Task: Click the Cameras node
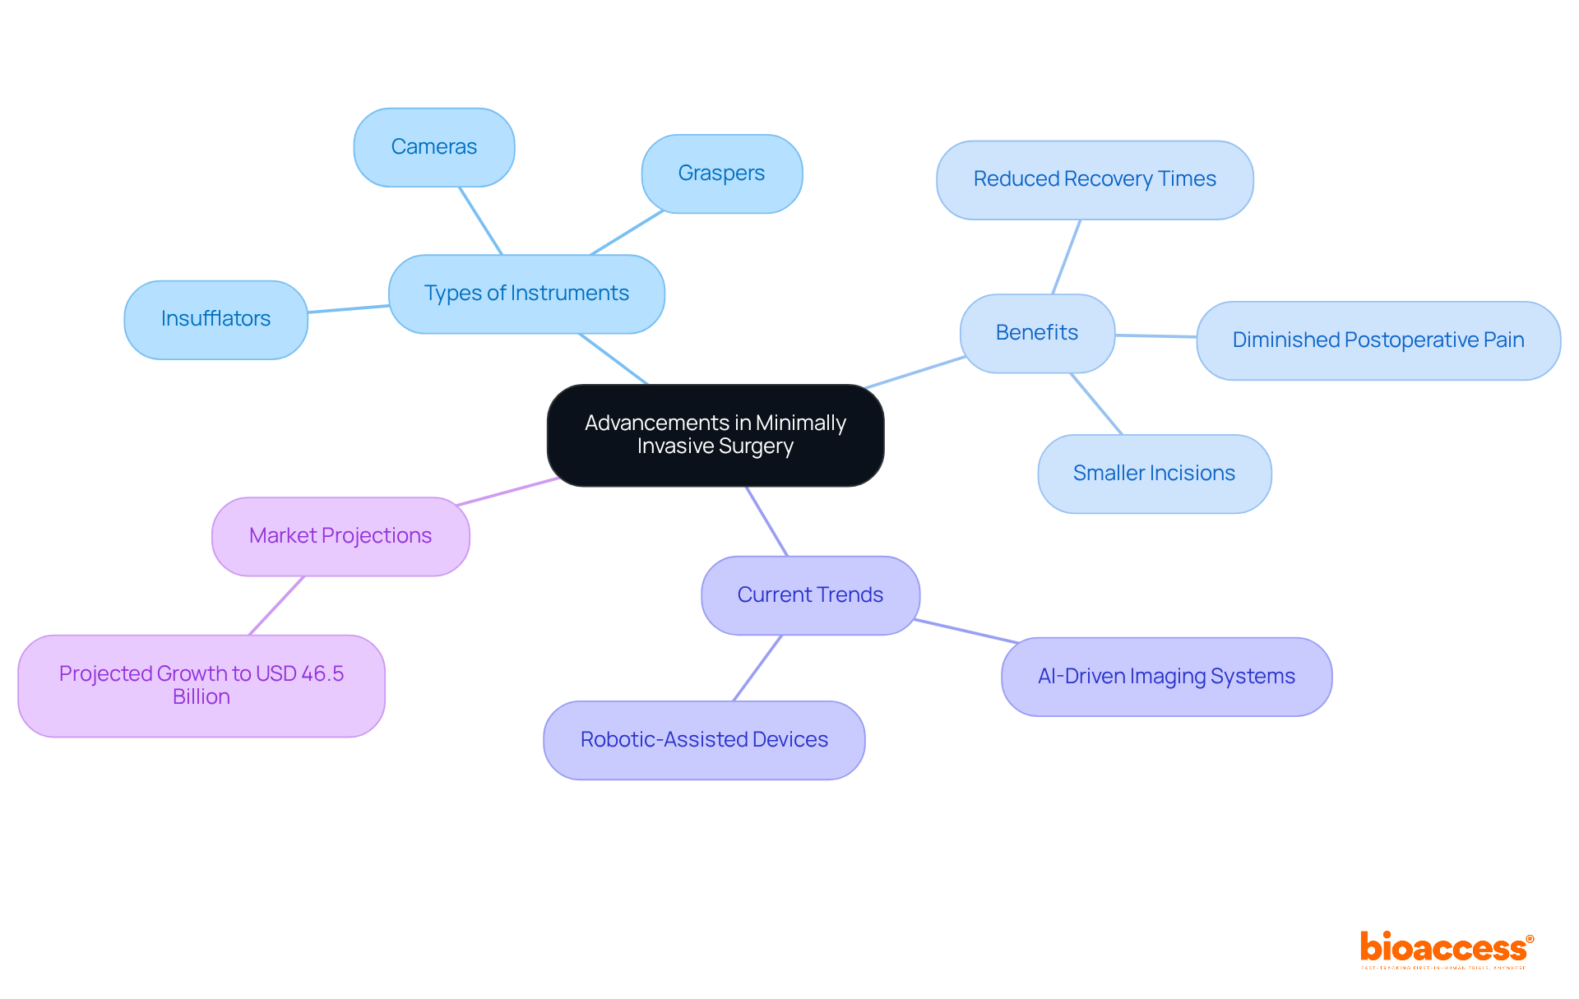[x=434, y=147]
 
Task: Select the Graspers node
[x=721, y=173]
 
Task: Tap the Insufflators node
[x=215, y=319]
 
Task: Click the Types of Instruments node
[x=526, y=294]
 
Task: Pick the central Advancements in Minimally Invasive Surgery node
[x=715, y=435]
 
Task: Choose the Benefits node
[x=1036, y=333]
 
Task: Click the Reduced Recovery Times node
[x=1094, y=179]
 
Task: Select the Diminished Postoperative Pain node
[x=1378, y=340]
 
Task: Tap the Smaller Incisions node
[x=1154, y=474]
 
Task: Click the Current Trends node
[x=810, y=595]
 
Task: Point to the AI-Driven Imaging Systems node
[x=1165, y=677]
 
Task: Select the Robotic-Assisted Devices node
[x=704, y=740]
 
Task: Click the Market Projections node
[x=340, y=536]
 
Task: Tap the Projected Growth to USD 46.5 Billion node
[x=201, y=685]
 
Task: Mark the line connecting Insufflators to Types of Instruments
[x=348, y=309]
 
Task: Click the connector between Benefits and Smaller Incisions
[x=1095, y=404]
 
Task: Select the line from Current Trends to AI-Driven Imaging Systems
[x=967, y=631]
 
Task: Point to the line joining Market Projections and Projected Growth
[x=276, y=606]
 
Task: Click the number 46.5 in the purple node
[x=322, y=673]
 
